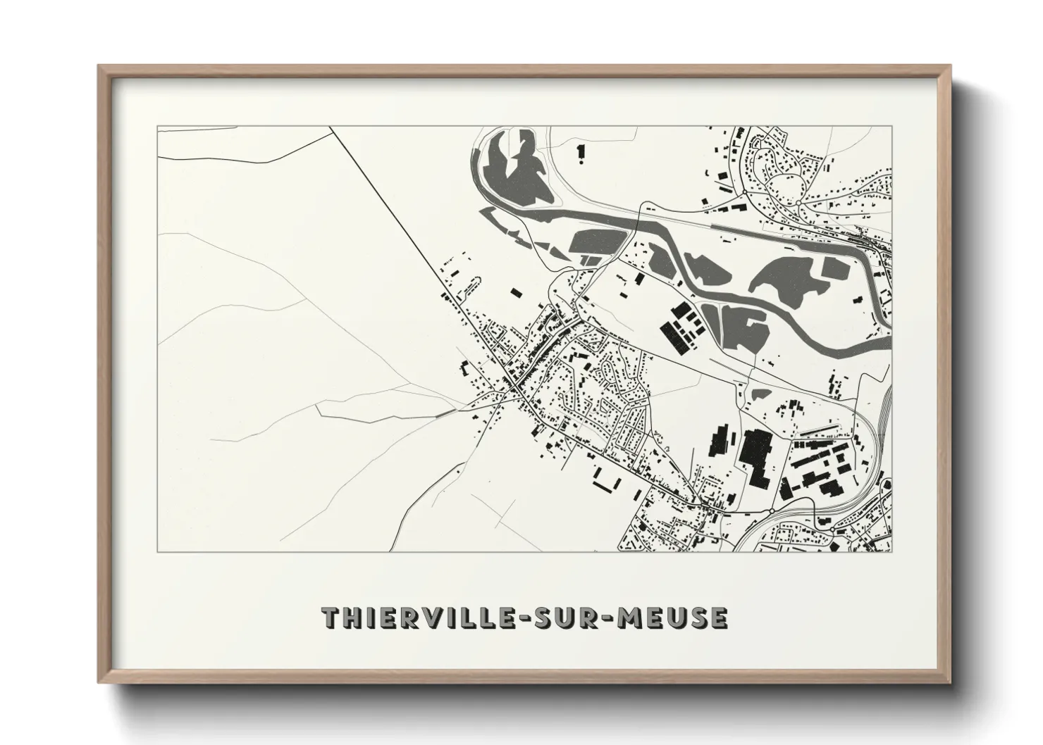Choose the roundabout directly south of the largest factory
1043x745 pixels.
[772, 511]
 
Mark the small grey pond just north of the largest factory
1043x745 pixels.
[759, 392]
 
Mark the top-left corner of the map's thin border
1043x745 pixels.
[158, 127]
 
